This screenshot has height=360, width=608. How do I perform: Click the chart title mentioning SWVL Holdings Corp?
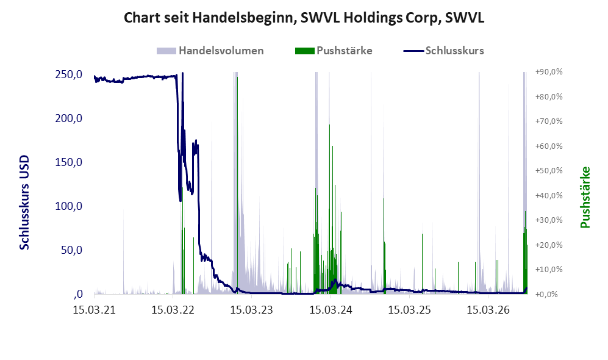pos(304,18)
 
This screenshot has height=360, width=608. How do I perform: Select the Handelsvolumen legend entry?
pos(210,51)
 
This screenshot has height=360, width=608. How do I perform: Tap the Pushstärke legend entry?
pos(334,51)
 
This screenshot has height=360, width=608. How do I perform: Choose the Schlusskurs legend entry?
pos(443,51)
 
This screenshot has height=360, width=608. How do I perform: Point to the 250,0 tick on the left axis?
pos(69,74)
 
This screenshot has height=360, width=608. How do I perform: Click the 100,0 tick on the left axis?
pos(69,206)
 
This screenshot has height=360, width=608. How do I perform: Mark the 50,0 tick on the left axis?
pos(72,250)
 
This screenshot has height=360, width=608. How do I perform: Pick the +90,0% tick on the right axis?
pos(549,72)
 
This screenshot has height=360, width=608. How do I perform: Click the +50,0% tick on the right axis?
pos(549,171)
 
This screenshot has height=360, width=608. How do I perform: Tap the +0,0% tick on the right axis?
pos(547,295)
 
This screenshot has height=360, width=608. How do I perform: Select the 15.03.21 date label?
pos(95,310)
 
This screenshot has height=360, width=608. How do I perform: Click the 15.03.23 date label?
pos(252,310)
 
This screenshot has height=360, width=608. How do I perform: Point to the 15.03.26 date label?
pos(488,310)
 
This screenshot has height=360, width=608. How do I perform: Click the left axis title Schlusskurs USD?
pos(24,203)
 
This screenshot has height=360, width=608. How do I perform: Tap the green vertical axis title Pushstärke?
pos(585,197)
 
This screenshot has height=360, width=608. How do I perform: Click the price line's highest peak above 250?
pos(182,73)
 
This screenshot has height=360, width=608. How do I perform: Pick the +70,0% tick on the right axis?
pos(549,121)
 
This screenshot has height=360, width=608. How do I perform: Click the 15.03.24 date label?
pos(331,310)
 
